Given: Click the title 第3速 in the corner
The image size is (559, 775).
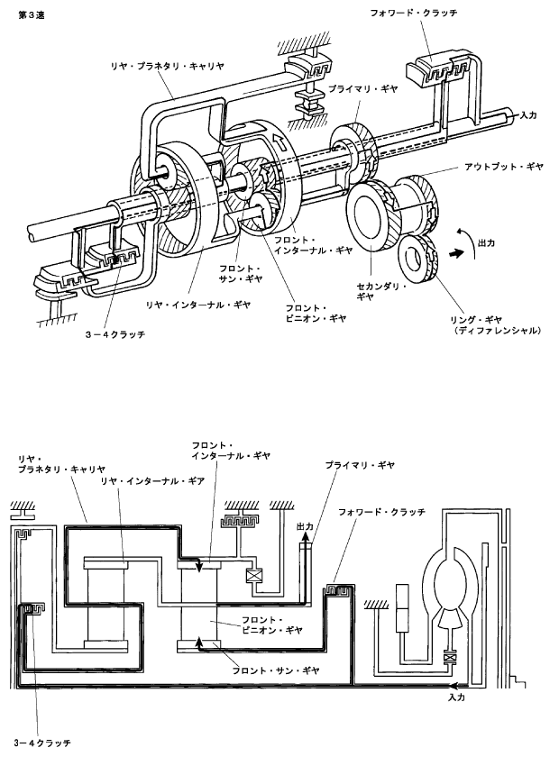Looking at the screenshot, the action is click(32, 15).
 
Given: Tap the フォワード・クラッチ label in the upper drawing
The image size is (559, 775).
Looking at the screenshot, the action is click(414, 14).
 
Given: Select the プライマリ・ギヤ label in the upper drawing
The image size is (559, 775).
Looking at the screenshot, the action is click(362, 89).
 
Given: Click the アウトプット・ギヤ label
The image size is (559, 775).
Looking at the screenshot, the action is click(504, 167).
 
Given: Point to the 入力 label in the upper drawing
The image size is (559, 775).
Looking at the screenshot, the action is click(528, 115).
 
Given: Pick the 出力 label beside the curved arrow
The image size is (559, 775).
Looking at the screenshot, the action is click(486, 243).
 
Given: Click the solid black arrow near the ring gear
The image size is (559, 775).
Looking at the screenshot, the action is click(457, 252).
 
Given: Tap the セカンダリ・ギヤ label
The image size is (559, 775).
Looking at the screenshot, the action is click(381, 292).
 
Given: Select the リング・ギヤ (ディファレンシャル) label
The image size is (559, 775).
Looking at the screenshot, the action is click(496, 325).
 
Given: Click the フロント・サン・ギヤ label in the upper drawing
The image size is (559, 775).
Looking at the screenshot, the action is click(241, 273).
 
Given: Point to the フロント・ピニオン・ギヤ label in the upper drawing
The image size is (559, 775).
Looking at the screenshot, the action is click(316, 314).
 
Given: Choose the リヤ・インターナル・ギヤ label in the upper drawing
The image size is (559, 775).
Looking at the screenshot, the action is click(197, 305).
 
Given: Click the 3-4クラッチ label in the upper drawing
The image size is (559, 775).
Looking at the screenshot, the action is click(115, 334).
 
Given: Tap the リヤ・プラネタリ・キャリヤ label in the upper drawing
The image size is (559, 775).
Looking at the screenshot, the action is click(167, 65).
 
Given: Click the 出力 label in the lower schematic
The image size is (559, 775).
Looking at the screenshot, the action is click(305, 526).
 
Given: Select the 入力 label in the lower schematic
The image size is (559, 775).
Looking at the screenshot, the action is click(456, 697).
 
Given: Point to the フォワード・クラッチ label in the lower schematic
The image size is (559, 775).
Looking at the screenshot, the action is click(381, 512).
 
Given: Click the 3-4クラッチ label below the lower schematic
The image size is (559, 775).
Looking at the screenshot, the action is click(42, 743).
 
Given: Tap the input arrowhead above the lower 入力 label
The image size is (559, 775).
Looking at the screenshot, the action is click(452, 686).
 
